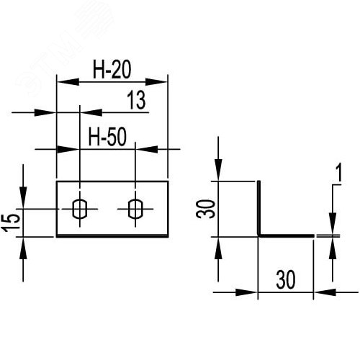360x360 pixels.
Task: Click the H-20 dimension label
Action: [112, 70]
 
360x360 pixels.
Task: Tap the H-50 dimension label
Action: [107, 137]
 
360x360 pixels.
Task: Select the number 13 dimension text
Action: [136, 100]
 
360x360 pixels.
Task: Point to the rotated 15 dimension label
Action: [11, 223]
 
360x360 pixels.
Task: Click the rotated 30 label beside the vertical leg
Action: [205, 209]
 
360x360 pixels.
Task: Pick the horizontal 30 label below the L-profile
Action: [286, 279]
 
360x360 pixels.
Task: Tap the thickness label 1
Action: [338, 172]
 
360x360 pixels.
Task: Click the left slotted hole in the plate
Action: [80, 209]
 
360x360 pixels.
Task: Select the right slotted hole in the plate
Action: [135, 209]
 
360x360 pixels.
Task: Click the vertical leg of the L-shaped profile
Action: [259, 208]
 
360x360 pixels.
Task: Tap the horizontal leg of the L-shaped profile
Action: [286, 235]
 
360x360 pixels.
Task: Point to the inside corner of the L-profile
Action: [261, 234]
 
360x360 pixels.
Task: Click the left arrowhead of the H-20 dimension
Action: [68, 82]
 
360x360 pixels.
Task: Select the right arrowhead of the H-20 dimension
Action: [156, 82]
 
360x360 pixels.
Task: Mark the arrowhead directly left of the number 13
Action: [91, 112]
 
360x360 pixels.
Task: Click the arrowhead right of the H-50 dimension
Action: [147, 149]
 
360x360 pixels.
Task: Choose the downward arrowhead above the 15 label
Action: [23, 197]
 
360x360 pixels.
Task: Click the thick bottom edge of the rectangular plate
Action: [112, 236]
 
